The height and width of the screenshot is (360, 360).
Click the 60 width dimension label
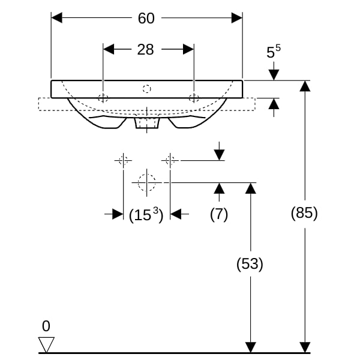coord(146,19)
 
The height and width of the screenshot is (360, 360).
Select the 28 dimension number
coord(146,50)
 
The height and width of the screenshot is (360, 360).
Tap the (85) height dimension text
coord(304,212)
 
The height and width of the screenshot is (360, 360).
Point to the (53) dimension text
coord(250,263)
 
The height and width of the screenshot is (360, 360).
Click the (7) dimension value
coord(219,214)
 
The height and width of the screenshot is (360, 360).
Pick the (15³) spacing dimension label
coord(146,215)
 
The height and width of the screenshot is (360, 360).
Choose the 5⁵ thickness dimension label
coord(274,52)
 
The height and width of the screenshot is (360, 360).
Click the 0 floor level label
coord(46,326)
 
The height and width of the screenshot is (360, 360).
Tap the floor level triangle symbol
coord(46,344)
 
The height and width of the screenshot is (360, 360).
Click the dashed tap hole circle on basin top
coord(147,89)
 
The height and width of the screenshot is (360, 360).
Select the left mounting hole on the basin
coord(103,98)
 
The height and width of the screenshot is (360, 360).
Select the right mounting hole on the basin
coord(194,98)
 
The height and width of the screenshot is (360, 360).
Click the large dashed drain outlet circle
coord(147,182)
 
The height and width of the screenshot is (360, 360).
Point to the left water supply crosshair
coord(124,160)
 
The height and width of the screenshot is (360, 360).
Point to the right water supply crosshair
coord(170,160)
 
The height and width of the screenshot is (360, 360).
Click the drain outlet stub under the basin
coord(147,123)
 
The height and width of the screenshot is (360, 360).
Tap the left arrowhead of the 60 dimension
coord(57,18)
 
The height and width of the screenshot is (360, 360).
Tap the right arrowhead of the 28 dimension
coord(188,49)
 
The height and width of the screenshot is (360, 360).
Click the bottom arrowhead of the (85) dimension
coord(305,347)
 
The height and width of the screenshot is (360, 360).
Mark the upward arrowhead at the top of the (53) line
coord(250,188)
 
